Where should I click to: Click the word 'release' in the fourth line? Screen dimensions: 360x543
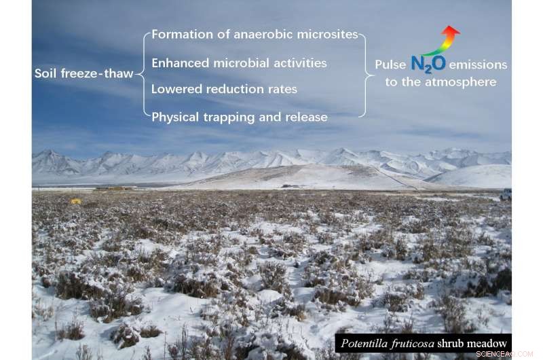[309, 118]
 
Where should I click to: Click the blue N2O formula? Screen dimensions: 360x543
[428, 64]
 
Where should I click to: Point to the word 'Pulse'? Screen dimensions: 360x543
[390, 65]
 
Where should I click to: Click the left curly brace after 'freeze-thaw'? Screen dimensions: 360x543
[145, 73]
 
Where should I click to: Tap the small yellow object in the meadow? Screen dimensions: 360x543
[75, 201]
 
